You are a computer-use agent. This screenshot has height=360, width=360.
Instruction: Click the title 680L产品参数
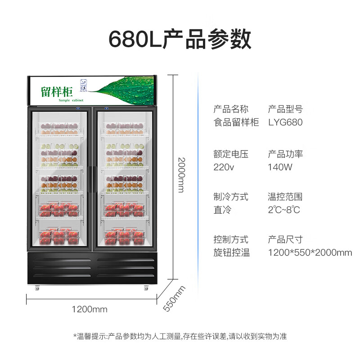pyautogui.click(x=180, y=39)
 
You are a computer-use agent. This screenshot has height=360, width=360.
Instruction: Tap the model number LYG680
pyautogui.click(x=285, y=122)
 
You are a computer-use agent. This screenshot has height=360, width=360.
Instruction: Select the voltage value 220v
pyautogui.click(x=224, y=167)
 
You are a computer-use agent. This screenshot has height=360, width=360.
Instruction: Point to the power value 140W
pyautogui.click(x=280, y=167)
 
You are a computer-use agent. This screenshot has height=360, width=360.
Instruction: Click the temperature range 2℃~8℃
pyautogui.click(x=284, y=210)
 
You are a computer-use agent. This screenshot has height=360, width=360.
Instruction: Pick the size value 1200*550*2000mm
pyautogui.click(x=310, y=252)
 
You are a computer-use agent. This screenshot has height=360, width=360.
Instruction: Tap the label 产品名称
pyautogui.click(x=231, y=109)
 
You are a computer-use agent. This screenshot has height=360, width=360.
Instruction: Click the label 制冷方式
pyautogui.click(x=231, y=197)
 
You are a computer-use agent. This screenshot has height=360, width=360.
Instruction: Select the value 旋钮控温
pyautogui.click(x=232, y=252)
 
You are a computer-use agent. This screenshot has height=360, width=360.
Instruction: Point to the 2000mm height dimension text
pyautogui.click(x=181, y=175)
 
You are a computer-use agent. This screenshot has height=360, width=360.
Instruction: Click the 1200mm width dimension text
pyautogui.click(x=90, y=309)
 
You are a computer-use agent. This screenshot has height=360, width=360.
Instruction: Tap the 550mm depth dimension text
pyautogui.click(x=174, y=298)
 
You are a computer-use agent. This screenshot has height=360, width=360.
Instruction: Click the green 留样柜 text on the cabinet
pyautogui.click(x=57, y=92)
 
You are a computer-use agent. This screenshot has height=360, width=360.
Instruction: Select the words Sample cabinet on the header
pyautogui.click(x=71, y=100)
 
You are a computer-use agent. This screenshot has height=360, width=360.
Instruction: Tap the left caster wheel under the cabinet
pyautogui.click(x=37, y=288)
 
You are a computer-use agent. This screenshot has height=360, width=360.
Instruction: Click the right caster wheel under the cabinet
pyautogui.click(x=146, y=288)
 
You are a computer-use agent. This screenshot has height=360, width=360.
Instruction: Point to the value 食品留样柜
pyautogui.click(x=236, y=122)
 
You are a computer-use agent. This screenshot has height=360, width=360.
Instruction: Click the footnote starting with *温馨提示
pyautogui.click(x=180, y=336)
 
